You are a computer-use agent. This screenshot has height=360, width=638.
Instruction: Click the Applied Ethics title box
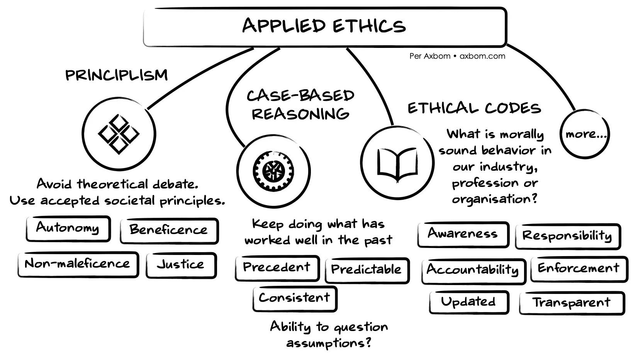[x=324, y=26]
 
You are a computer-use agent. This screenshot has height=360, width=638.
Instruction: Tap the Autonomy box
[x=68, y=228]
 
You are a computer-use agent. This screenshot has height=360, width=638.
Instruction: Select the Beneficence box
[x=169, y=231]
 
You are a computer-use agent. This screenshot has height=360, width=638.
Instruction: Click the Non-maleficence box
[x=78, y=264]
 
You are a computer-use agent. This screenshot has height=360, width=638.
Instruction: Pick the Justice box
[x=181, y=265]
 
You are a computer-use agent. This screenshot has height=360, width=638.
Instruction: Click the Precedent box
[x=277, y=267]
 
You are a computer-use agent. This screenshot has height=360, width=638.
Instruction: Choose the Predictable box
[x=367, y=270]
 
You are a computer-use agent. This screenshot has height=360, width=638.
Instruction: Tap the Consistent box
[x=295, y=298]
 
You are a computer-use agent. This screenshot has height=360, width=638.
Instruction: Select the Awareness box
[x=463, y=234]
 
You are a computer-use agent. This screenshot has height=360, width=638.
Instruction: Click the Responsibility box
[x=567, y=236]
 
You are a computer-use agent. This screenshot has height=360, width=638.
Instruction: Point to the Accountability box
[x=473, y=270]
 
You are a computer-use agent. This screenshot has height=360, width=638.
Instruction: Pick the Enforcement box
[x=579, y=269]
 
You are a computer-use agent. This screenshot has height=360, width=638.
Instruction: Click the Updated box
[x=468, y=302]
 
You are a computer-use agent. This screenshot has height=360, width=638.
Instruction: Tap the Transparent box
[x=572, y=303]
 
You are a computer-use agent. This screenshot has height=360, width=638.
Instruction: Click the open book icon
[x=397, y=163]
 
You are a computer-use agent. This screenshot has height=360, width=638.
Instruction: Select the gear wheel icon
[x=273, y=170]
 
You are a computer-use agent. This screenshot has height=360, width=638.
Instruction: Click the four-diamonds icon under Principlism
[x=119, y=134]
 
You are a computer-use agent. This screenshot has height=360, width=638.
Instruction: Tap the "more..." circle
[x=585, y=134]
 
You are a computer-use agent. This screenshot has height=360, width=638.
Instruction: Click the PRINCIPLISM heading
[x=117, y=75]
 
